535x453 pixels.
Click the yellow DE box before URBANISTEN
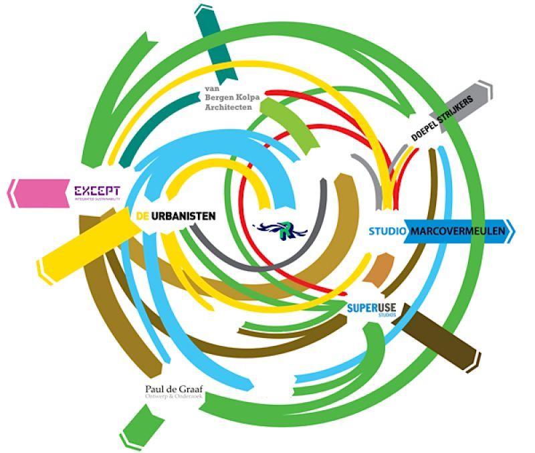[x=140, y=216]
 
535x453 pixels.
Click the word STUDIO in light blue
[x=388, y=232]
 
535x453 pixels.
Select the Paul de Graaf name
[x=170, y=389]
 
